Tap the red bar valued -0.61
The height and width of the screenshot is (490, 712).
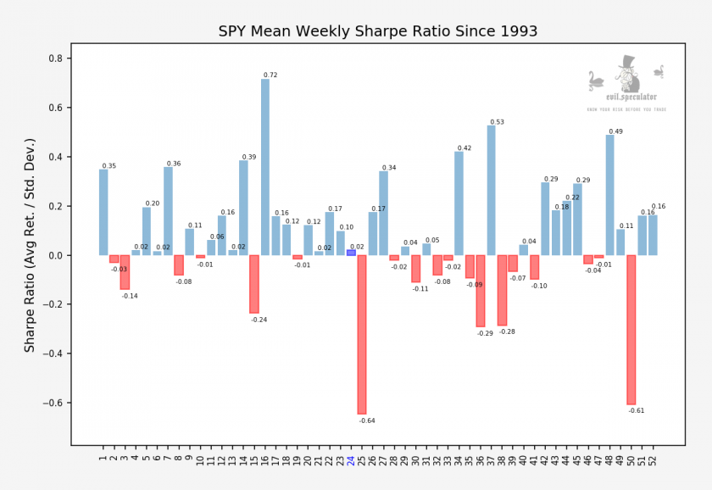click(x=631, y=330)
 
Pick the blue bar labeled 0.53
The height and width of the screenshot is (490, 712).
click(x=492, y=190)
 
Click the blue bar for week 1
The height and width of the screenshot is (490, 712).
click(x=103, y=212)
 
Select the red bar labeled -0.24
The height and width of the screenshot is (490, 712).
click(x=254, y=284)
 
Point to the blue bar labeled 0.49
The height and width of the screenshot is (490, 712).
click(x=610, y=195)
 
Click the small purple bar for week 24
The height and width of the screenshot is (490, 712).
click(x=351, y=253)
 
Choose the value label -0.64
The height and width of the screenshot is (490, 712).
click(x=367, y=420)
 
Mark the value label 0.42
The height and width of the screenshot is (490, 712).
click(x=464, y=148)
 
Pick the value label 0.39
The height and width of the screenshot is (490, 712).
click(x=249, y=157)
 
